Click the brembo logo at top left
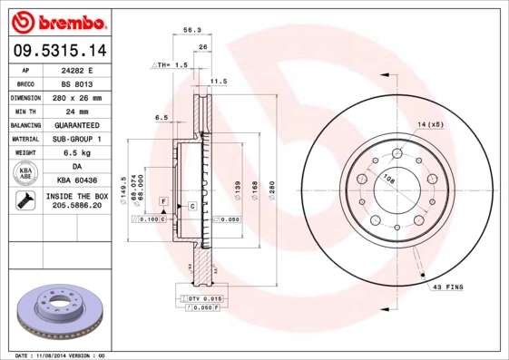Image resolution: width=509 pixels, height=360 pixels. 56,19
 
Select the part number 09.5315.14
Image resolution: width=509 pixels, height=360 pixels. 56,51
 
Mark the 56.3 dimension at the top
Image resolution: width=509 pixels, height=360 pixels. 191,30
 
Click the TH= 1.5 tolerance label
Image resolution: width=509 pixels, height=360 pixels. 171,65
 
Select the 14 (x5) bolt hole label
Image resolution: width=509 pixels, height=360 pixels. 430,123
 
